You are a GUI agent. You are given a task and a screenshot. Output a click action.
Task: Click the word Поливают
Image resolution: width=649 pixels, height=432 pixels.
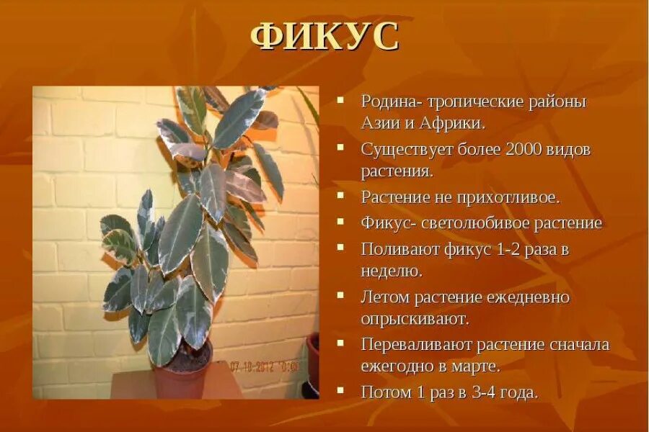(x=397, y=249)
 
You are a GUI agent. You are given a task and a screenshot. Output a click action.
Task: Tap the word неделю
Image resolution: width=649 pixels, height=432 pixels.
(x=391, y=271)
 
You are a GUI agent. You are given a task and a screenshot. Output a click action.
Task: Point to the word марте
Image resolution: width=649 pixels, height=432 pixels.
(x=476, y=366)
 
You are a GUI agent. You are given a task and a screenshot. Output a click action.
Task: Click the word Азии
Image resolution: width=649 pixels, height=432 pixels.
(x=377, y=122)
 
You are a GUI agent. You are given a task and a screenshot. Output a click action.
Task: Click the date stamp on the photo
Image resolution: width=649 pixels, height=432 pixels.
(x=265, y=366)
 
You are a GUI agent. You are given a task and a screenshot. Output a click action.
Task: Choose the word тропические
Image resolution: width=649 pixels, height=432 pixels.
(x=462, y=101)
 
